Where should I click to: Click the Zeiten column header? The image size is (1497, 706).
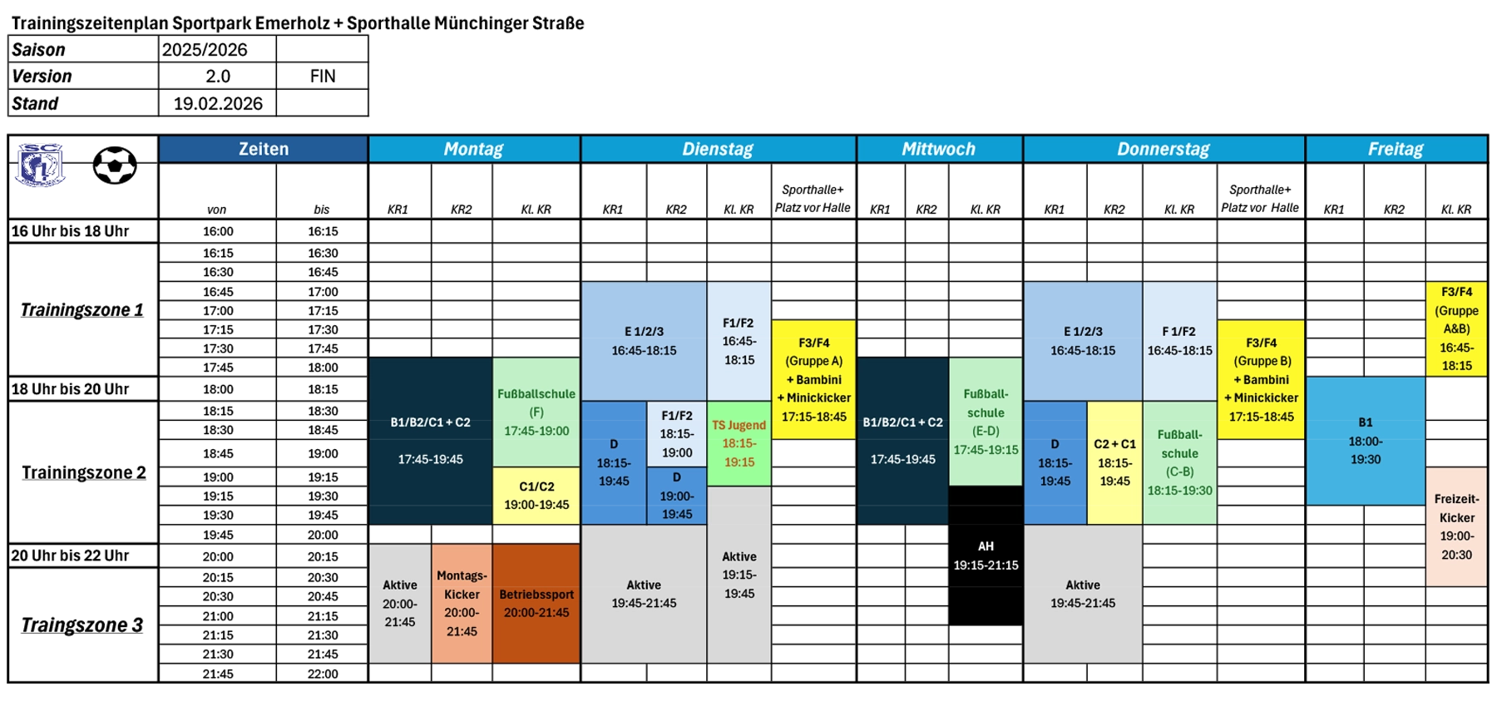tap(263, 149)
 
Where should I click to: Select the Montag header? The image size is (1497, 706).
tap(473, 149)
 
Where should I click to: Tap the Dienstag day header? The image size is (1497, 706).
tap(718, 149)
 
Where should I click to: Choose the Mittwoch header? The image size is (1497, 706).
tap(938, 149)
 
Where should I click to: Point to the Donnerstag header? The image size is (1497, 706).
tap(1163, 149)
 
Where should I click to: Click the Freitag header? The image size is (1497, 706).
tap(1396, 149)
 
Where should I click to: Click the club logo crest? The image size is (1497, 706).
tap(40, 164)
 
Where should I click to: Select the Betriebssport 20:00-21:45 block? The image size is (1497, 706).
tap(536, 603)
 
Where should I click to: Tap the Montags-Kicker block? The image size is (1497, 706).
tap(462, 603)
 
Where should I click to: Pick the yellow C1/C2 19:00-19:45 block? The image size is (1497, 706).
tap(536, 496)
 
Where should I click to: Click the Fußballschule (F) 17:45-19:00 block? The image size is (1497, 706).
tap(536, 412)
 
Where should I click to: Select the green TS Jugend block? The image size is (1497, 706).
tap(739, 444)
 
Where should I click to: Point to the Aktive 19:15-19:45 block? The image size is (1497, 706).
tap(739, 575)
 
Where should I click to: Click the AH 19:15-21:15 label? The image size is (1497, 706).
tap(986, 555)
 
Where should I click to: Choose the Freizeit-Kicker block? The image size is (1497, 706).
tap(1456, 527)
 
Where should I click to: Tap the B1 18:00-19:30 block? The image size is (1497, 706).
tap(1365, 441)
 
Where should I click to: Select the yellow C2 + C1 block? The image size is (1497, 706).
tap(1114, 462)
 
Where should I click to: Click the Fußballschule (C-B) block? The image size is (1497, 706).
tap(1179, 462)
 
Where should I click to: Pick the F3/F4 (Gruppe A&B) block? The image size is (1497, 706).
tap(1456, 328)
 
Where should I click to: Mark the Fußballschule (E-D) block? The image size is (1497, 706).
tap(986, 422)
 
